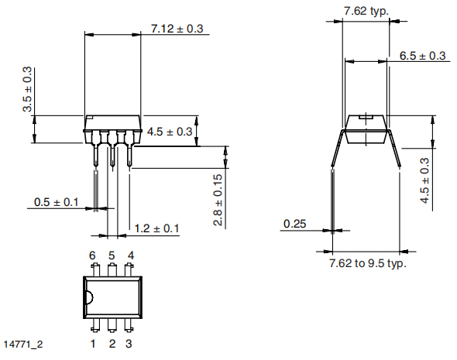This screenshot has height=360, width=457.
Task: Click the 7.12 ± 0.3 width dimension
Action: (x=177, y=29)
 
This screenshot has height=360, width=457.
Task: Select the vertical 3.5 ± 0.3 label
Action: (x=28, y=90)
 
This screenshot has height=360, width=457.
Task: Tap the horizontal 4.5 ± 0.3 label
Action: (x=169, y=132)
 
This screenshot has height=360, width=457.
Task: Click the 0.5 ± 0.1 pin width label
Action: (x=56, y=202)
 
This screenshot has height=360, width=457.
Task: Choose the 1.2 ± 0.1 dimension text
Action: (x=156, y=228)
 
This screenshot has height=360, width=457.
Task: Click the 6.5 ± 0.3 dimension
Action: (x=422, y=56)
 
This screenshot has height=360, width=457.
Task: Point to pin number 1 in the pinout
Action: (x=93, y=343)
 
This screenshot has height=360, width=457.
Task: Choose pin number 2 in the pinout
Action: (x=112, y=343)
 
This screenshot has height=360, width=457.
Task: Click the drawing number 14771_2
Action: (x=22, y=343)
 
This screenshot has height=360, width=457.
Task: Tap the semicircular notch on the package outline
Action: (x=88, y=297)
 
